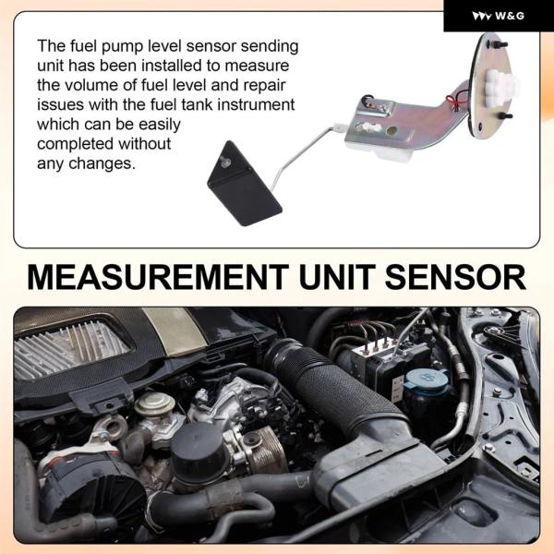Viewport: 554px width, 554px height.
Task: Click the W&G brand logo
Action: pos(498,16)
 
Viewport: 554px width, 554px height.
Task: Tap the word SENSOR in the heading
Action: pos(455,277)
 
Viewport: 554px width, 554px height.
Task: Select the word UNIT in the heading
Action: pos(337,277)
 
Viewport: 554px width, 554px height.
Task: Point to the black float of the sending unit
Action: pos(244,184)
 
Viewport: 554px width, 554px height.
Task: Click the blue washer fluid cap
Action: pos(427,379)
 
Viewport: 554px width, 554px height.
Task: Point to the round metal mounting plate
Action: pos(492,86)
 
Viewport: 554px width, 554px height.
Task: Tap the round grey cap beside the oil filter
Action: pos(154,403)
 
